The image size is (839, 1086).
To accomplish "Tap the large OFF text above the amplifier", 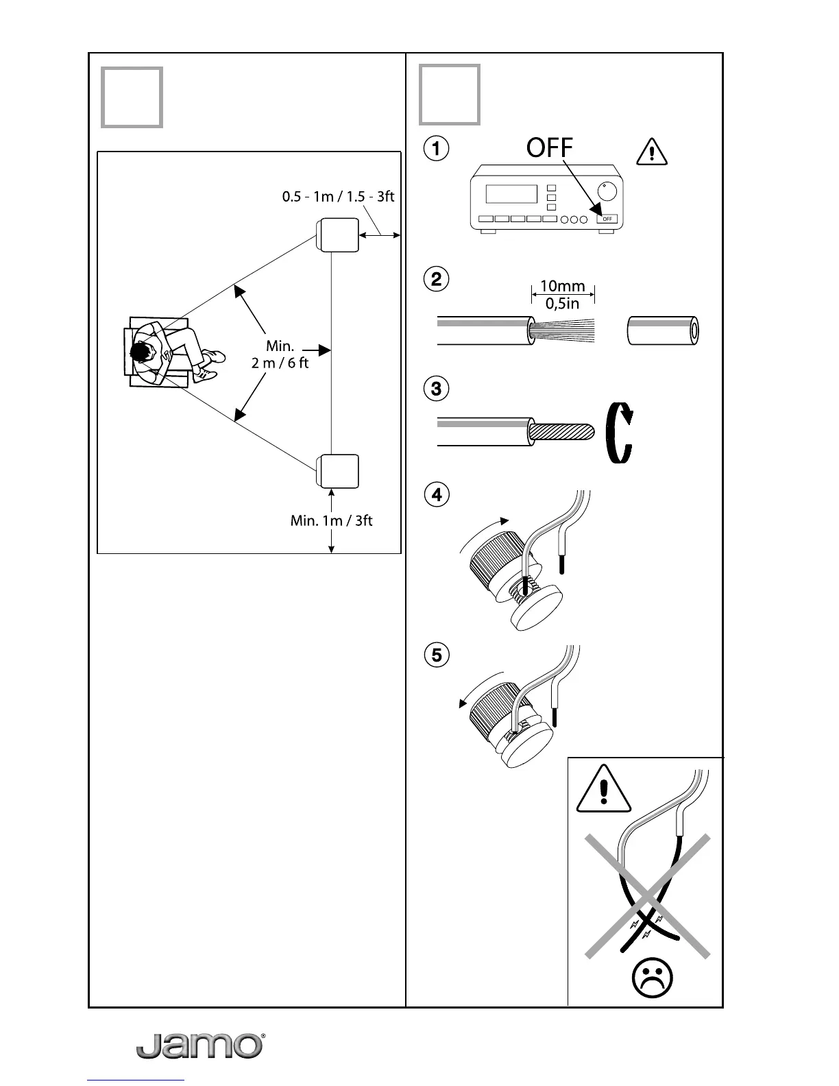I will [x=549, y=148].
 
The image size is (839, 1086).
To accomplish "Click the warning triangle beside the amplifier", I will [x=651, y=152].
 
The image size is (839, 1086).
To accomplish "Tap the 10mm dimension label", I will [x=563, y=286].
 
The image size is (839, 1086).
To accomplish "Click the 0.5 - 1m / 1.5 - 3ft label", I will [x=338, y=197].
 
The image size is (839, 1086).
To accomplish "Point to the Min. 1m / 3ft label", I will [x=331, y=520].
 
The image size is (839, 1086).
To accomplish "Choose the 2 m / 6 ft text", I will [x=280, y=363].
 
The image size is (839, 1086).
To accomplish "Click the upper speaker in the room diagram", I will [x=337, y=236].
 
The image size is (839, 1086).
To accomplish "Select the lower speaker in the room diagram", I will [x=337, y=472].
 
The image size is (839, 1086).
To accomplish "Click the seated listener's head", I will [x=141, y=353].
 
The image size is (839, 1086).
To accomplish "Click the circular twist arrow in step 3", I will [x=620, y=433].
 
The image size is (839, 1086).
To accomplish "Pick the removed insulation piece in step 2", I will [x=663, y=332].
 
